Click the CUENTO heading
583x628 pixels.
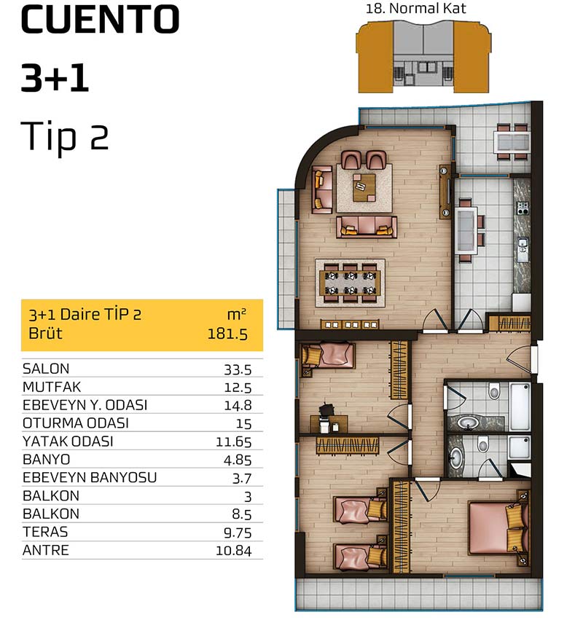click(x=100, y=20)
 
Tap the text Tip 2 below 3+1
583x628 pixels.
click(x=65, y=136)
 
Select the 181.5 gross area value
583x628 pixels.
click(x=227, y=334)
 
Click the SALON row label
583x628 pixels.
click(x=46, y=369)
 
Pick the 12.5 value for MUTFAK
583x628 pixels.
click(x=238, y=388)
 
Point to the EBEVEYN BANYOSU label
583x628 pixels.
click(x=90, y=477)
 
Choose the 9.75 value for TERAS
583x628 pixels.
click(x=238, y=533)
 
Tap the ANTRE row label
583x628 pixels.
click(x=46, y=550)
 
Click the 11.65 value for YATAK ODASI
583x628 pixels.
click(x=234, y=441)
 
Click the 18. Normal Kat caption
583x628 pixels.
click(x=416, y=9)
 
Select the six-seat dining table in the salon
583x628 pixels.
click(x=351, y=283)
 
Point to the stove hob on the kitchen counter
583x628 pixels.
click(x=523, y=208)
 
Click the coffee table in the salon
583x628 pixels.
click(x=364, y=187)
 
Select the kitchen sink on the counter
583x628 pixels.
click(x=522, y=248)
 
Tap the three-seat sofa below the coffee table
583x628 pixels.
click(x=367, y=227)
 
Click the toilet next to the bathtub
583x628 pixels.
click(x=494, y=390)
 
